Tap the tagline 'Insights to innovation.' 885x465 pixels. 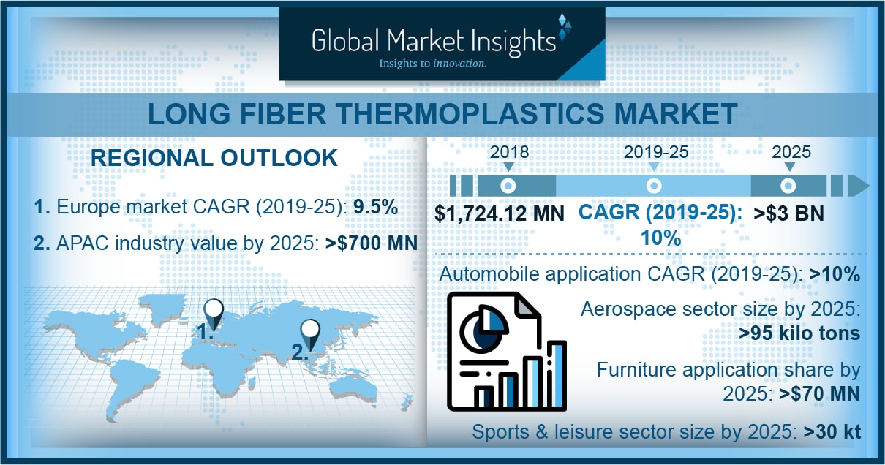[432, 64]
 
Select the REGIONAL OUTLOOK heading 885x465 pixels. [214, 158]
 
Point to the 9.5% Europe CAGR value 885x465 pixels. [375, 207]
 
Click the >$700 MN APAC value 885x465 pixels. [371, 243]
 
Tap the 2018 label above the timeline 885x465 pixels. [509, 152]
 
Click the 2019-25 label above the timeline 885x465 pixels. [656, 152]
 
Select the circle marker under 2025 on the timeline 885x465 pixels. [788, 186]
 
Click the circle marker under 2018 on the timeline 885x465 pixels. [508, 186]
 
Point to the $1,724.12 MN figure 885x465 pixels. [500, 213]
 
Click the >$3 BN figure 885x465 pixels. [788, 213]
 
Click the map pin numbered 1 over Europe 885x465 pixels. [214, 314]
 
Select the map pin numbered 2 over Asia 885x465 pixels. [310, 334]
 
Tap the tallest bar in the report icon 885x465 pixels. [557, 374]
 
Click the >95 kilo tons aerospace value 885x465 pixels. [799, 333]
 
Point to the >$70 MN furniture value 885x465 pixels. [819, 394]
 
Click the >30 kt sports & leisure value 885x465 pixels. [832, 431]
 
